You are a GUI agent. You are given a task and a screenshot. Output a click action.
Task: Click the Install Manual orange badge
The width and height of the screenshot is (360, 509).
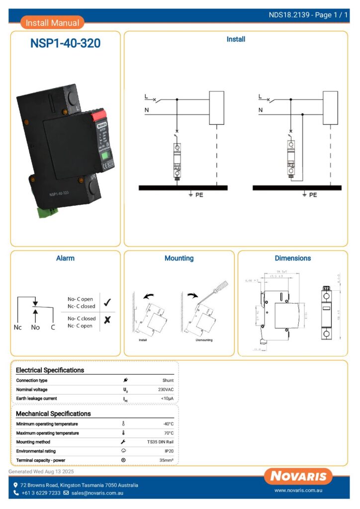52,23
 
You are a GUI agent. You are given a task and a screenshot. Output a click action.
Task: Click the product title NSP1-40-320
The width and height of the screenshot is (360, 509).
65,44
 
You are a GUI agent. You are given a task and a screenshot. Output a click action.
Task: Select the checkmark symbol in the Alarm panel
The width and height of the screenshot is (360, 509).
107,302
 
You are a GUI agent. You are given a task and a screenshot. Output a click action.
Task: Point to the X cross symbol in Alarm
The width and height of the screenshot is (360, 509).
107,320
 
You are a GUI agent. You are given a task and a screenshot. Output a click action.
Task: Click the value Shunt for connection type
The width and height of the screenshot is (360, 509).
168,380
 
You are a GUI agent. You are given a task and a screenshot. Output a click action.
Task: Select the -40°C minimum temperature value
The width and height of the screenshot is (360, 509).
168,424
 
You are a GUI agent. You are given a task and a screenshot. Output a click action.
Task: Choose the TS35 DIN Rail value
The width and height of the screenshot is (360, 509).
160,442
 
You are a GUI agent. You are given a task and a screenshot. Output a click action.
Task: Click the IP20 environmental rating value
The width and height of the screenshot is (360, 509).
169,451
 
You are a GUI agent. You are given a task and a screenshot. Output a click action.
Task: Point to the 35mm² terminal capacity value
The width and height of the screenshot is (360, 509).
167,460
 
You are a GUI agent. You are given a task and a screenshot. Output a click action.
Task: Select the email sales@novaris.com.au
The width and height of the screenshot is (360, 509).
97,493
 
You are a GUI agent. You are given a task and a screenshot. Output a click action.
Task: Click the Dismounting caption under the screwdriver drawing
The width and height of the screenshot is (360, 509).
204,341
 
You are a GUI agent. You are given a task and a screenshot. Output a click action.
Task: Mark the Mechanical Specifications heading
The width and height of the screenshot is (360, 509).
53,414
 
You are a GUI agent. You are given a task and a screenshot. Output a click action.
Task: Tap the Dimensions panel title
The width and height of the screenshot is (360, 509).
292,258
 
